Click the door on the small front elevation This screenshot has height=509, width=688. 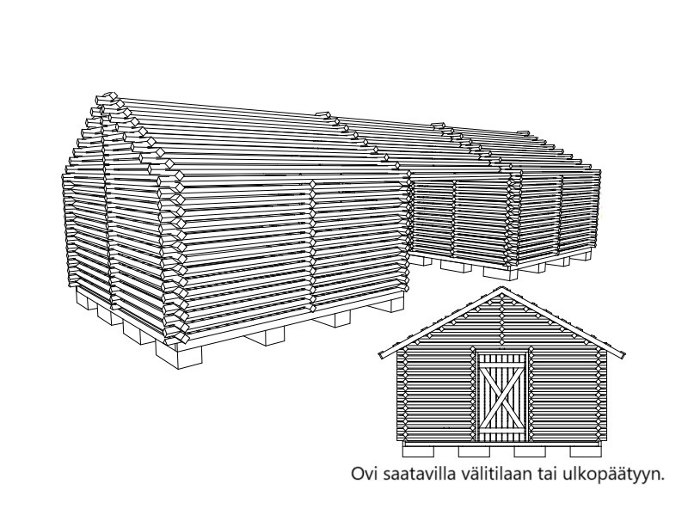501,397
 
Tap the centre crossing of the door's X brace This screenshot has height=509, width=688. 501,398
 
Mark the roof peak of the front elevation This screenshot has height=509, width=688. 501,288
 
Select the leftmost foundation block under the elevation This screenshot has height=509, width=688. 418,451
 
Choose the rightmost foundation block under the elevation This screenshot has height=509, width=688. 586,451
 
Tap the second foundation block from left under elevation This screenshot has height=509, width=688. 474,451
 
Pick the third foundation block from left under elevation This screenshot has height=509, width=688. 530,451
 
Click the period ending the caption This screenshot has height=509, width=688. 661,480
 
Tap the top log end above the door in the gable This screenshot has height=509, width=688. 501,299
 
